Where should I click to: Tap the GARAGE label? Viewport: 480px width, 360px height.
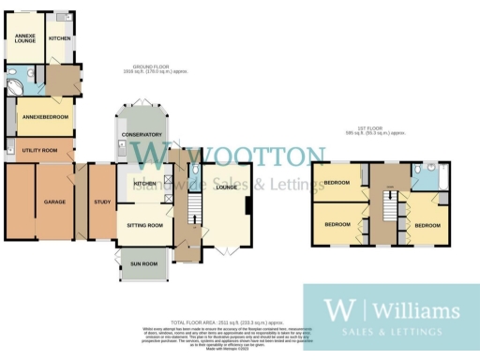[53, 202]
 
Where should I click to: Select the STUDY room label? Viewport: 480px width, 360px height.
[102, 202]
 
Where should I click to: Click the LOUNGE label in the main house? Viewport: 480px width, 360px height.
[226, 187]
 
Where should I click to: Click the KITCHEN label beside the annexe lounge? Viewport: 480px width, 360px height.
[60, 37]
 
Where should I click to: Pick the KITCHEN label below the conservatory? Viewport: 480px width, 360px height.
[143, 184]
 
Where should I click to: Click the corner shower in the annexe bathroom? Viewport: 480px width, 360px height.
[16, 82]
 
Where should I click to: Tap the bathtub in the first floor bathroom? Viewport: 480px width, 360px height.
[444, 177]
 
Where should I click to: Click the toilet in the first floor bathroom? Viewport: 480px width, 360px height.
[421, 171]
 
